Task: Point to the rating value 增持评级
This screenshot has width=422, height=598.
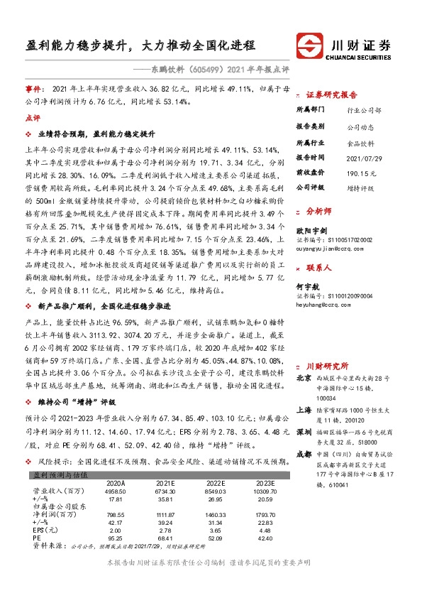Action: [x=360, y=187]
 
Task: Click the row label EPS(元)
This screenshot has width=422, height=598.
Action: [x=45, y=550]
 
